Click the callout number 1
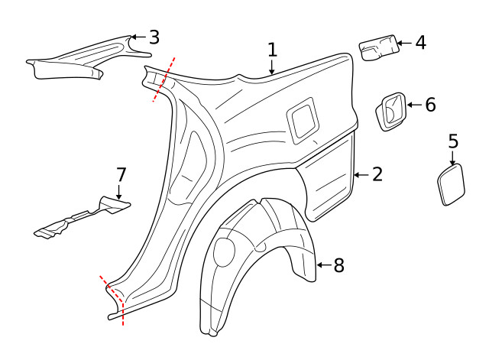click(272, 50)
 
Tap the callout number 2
click(377, 174)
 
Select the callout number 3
click(154, 37)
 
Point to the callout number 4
click(420, 42)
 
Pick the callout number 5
click(453, 141)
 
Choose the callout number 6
click(430, 105)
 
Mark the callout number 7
click(121, 174)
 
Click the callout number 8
click(338, 265)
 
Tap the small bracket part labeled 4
click(377, 47)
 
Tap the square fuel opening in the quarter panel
click(302, 118)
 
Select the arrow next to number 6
click(413, 105)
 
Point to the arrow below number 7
click(118, 193)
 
